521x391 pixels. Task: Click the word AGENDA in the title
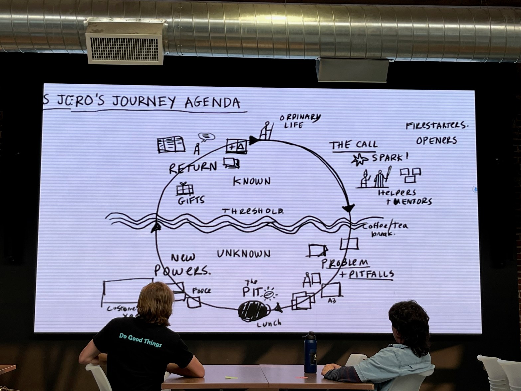click(x=212, y=102)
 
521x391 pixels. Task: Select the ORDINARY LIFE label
click(x=299, y=121)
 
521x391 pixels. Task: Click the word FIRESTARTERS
click(x=437, y=126)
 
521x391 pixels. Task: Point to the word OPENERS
click(x=436, y=140)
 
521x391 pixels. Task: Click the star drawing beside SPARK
click(x=359, y=160)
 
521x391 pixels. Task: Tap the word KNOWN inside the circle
click(x=252, y=181)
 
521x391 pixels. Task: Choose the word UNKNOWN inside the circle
click(x=244, y=254)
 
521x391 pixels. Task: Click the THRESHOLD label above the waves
click(x=253, y=211)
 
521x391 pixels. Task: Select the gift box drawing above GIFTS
click(x=185, y=189)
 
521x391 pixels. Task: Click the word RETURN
click(x=193, y=167)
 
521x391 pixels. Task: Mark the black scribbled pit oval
click(x=254, y=311)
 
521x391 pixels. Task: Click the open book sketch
click(x=171, y=145)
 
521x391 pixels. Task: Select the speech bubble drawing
click(x=206, y=136)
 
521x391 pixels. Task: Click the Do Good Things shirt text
click(x=140, y=340)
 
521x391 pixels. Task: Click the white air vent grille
click(x=125, y=49)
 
